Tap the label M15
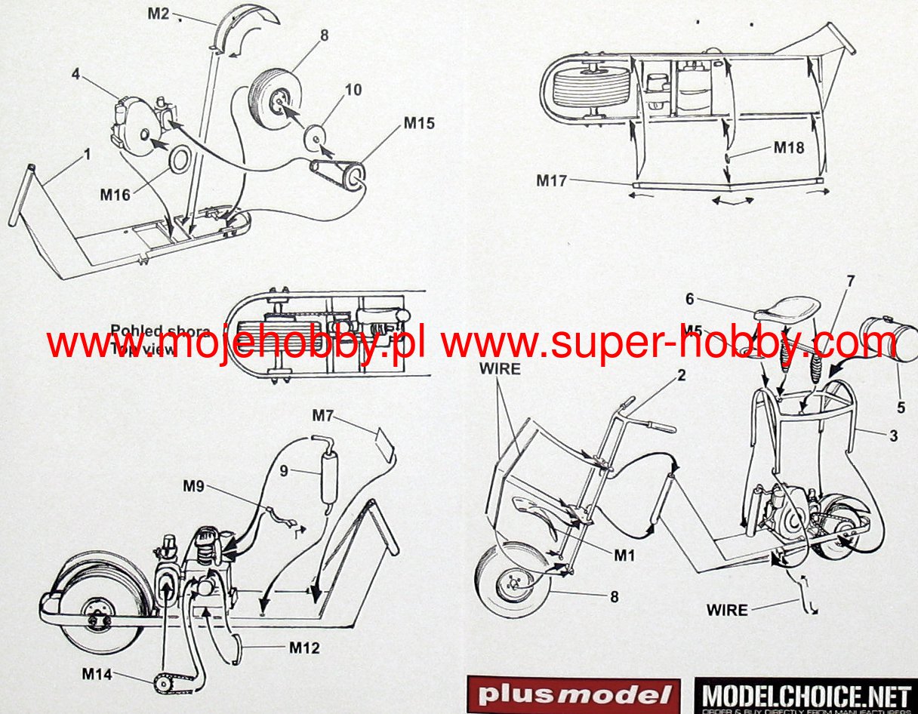coord(419,123)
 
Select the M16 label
coord(116,195)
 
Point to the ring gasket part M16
coord(180,162)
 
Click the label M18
coord(789,148)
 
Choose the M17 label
coord(551,180)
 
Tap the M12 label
coord(305,647)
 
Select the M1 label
coord(624,556)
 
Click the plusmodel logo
coord(569,694)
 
